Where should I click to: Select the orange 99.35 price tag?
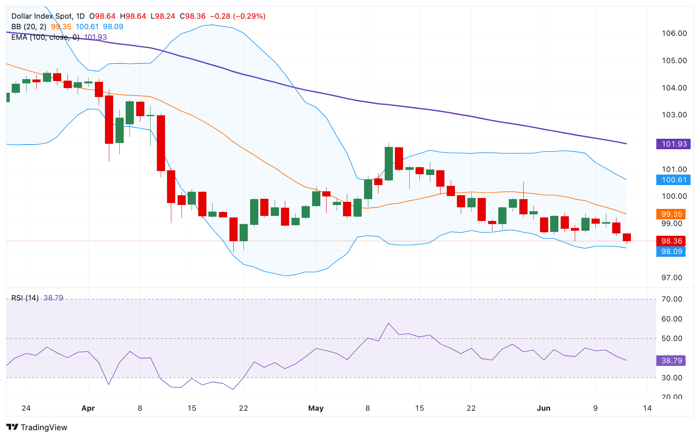(671, 214)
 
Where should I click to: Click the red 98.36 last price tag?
(671, 241)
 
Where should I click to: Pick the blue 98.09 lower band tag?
(671, 251)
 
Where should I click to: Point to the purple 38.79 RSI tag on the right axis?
(671, 360)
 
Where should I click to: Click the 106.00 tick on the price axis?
(674, 34)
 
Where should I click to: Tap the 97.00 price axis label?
(672, 278)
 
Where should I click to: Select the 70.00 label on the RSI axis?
(672, 299)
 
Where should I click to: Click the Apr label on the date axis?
(88, 408)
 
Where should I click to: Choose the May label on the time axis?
(316, 408)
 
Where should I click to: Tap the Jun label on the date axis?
(544, 408)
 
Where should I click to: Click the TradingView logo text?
(44, 427)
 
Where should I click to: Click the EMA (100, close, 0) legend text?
(45, 37)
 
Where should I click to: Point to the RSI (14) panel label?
(25, 298)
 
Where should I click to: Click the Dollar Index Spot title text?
(42, 16)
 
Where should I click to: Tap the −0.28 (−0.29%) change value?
(238, 16)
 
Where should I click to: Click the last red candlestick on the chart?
(627, 237)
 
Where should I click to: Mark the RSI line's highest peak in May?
(389, 323)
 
